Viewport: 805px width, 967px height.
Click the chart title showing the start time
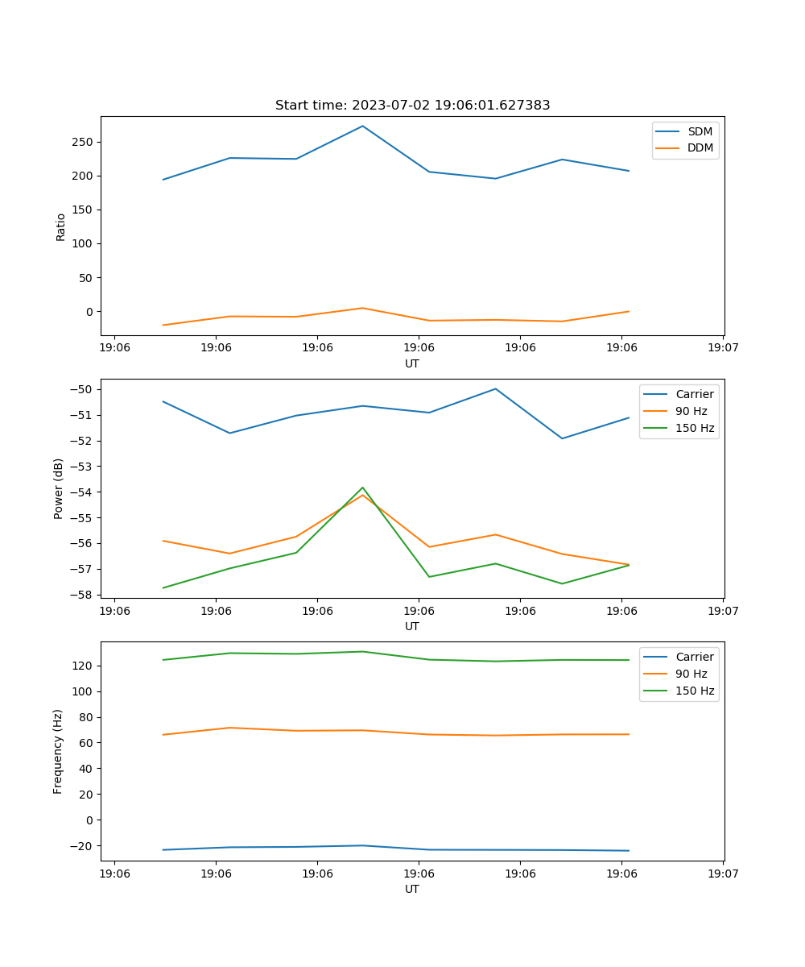pos(412,106)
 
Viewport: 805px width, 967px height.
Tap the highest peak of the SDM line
pos(362,126)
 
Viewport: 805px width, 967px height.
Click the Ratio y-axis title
pos(60,226)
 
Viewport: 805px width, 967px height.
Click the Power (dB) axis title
pos(59,488)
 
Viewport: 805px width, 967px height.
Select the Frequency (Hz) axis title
pos(58,751)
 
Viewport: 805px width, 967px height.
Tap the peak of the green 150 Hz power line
pos(362,488)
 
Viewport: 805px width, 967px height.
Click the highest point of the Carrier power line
pos(496,389)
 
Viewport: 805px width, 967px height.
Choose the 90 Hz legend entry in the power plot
pos(691,411)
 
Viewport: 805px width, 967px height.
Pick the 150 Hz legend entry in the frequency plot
pos(695,691)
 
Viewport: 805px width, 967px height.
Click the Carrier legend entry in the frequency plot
pos(694,657)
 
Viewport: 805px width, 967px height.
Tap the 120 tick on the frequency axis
pos(85,666)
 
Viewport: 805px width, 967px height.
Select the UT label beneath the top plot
pos(412,363)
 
